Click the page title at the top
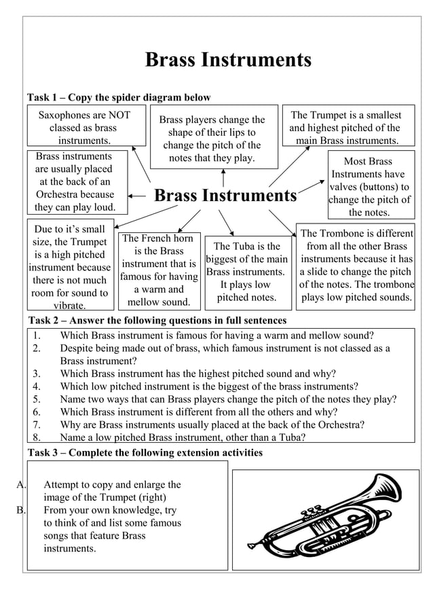(x=228, y=60)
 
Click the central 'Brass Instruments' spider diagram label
(x=225, y=196)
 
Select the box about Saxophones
(x=86, y=128)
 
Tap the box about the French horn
(x=158, y=270)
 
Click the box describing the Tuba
(x=247, y=272)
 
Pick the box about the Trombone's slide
(x=356, y=266)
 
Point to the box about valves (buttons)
(x=369, y=187)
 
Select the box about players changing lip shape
(x=214, y=139)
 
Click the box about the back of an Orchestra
(x=75, y=182)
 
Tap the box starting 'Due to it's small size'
(x=70, y=268)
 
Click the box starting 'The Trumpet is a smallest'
(x=345, y=128)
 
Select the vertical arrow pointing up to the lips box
(x=223, y=178)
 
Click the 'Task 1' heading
(x=119, y=98)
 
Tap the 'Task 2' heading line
(x=157, y=320)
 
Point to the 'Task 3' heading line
(x=145, y=452)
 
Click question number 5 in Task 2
(x=228, y=399)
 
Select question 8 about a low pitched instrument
(x=182, y=437)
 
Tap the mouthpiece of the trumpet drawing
(x=252, y=545)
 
